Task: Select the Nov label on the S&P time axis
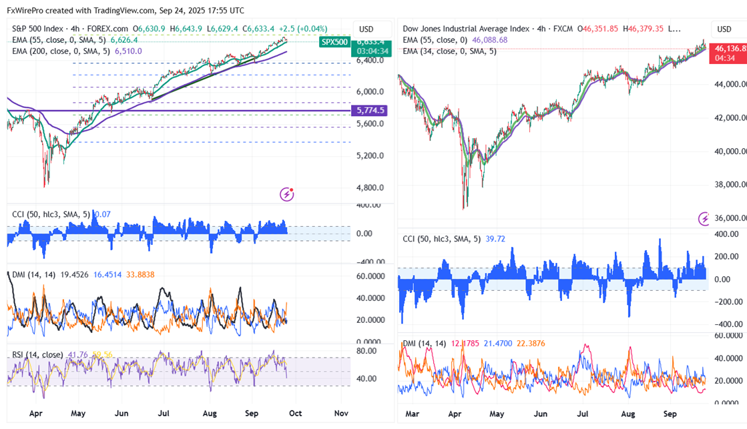coord(341,413)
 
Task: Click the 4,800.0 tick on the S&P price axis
coord(369,187)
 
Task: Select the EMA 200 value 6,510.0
coord(128,50)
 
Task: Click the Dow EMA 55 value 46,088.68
coord(490,40)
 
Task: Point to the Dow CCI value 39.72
coord(494,239)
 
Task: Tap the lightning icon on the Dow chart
coord(704,218)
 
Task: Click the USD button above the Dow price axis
coord(724,29)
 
